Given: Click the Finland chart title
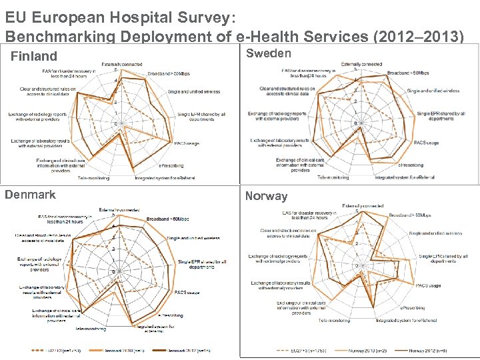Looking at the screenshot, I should coord(34,56).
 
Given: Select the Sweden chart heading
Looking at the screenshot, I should coord(269,53).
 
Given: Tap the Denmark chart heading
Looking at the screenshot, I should coord(30,195).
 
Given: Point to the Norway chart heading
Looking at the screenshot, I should coord(266,196).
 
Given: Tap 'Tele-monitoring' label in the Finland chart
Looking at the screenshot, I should coord(93,178).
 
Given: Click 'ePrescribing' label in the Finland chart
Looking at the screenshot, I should coord(171,165).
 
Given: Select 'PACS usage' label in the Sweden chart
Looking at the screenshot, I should coord(426,143).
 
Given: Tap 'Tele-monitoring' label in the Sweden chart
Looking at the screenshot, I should coord(333,177).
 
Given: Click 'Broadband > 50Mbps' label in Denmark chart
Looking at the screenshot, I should coord(168,219).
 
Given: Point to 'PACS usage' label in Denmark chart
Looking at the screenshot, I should coord(186,292).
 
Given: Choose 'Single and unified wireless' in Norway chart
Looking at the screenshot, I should coord(435,234).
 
